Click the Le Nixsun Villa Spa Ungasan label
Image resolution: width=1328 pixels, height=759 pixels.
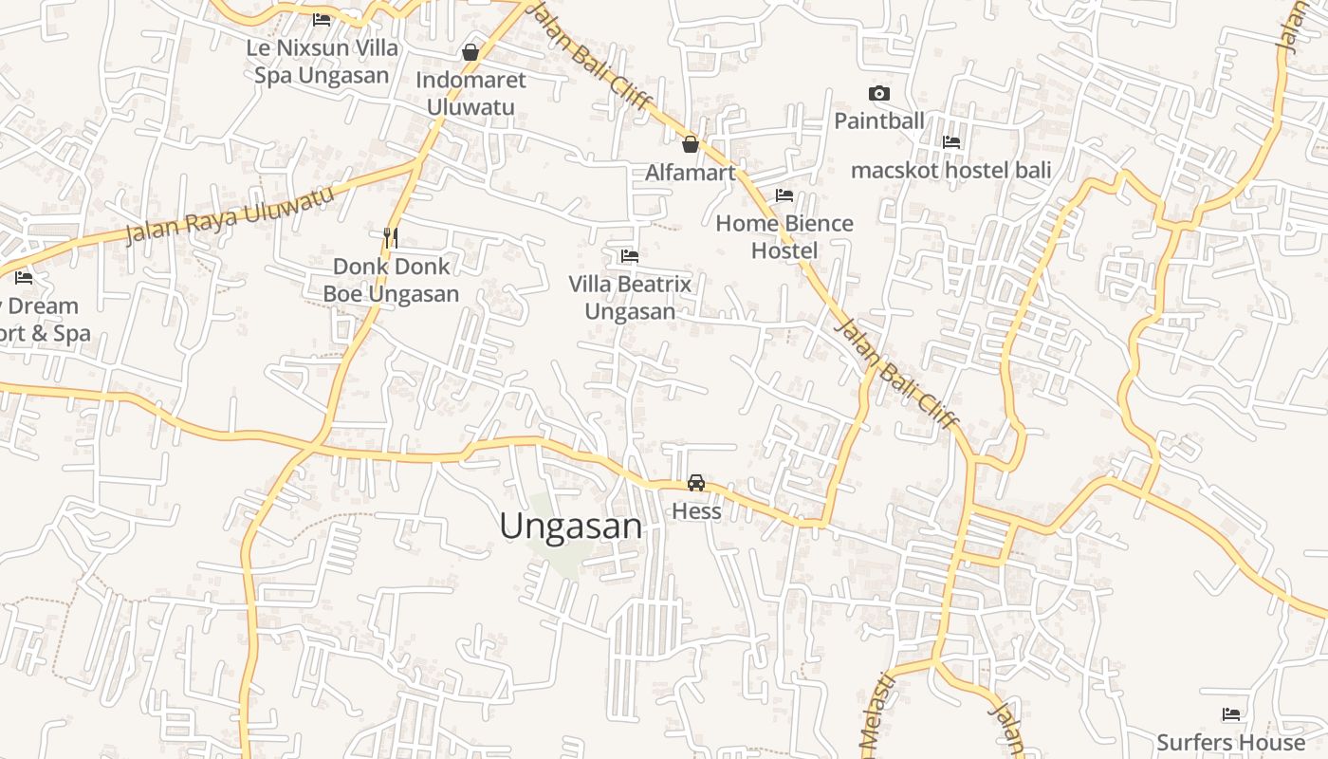tap(322, 61)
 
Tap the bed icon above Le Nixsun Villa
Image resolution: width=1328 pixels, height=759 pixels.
tap(322, 18)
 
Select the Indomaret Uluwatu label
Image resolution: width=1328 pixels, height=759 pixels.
tap(470, 93)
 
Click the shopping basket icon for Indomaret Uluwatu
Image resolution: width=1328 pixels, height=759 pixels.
tap(470, 51)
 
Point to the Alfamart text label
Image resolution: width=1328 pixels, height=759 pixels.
tap(691, 173)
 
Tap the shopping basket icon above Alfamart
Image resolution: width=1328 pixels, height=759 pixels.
tap(691, 144)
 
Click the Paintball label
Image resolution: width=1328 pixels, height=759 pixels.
tap(879, 120)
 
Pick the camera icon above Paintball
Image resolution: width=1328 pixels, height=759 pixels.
tap(879, 93)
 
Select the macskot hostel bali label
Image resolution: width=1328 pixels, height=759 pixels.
tap(951, 171)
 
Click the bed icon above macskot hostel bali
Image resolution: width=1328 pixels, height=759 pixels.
tap(951, 142)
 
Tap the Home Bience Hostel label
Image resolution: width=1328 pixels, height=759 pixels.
tap(784, 236)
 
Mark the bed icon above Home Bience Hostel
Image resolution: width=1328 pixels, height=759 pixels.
tap(784, 195)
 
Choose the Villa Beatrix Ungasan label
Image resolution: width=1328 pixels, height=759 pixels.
tap(630, 297)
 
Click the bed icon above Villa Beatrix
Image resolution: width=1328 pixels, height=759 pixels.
tap(629, 255)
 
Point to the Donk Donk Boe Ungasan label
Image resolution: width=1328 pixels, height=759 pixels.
tap(391, 280)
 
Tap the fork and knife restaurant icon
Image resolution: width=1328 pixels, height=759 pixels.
tap(390, 236)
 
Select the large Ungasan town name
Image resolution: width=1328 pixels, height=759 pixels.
tap(571, 527)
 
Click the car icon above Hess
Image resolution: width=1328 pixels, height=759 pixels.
tap(696, 483)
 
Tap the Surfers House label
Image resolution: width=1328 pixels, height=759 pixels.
tap(1231, 742)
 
